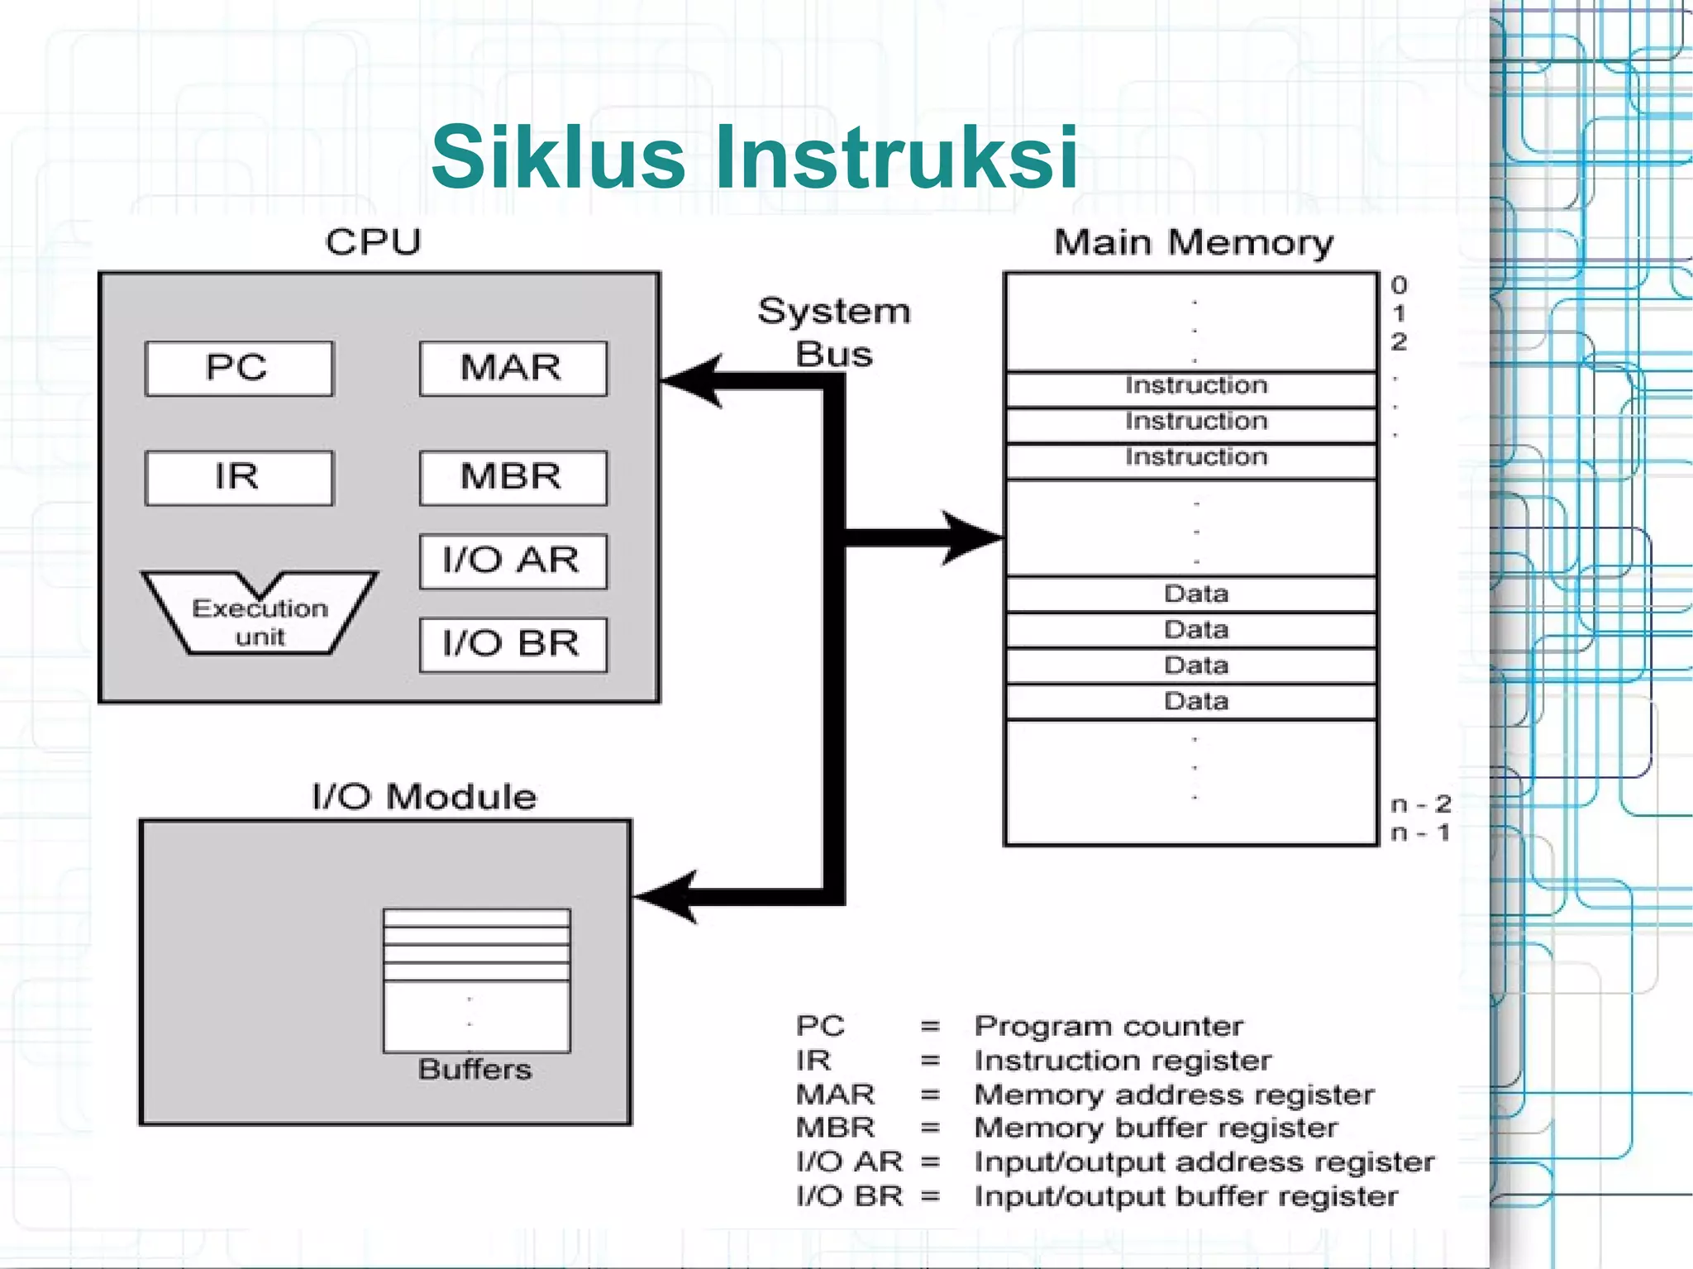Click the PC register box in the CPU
click(238, 369)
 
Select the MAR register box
click(513, 369)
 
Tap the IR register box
click(238, 478)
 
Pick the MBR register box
click(513, 478)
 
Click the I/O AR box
click(513, 561)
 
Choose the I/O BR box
click(513, 645)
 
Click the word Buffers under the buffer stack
click(475, 1070)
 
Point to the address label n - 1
click(1419, 832)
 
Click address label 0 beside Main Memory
click(1399, 286)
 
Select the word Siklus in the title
click(558, 157)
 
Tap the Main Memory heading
click(1193, 243)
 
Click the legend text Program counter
click(1108, 1027)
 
